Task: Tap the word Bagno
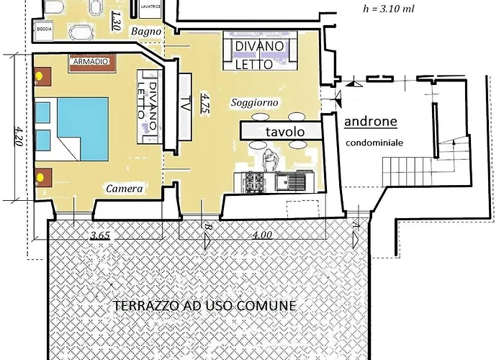point(147,32)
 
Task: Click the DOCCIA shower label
point(44,30)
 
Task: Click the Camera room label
point(123,189)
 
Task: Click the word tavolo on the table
point(283,132)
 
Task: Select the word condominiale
point(374,143)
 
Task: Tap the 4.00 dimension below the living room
point(262,234)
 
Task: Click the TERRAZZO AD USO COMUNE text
point(204,305)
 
